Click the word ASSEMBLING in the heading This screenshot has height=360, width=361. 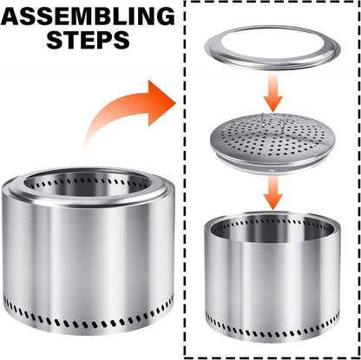[88, 16]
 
